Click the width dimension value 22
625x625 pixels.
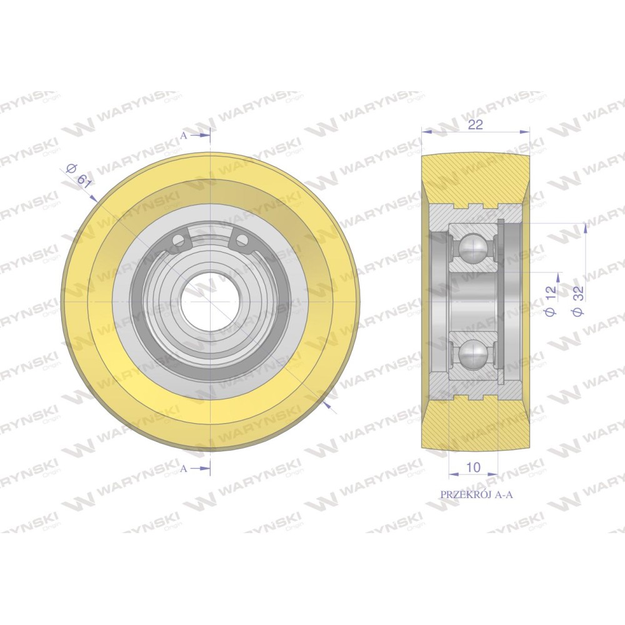475,125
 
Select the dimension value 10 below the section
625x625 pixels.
473,467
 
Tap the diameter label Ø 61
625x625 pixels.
79,176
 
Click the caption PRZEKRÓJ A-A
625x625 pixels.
476,494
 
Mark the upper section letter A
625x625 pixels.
183,136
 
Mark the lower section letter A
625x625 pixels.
183,469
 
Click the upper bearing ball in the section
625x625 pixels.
473,248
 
